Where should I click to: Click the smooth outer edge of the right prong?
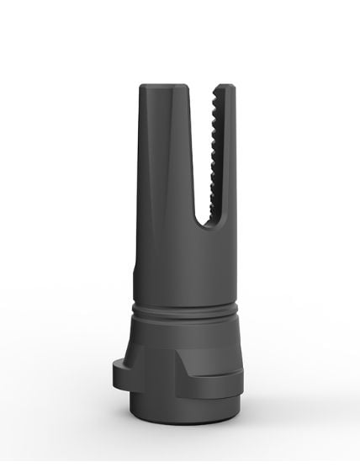click(231, 168)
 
